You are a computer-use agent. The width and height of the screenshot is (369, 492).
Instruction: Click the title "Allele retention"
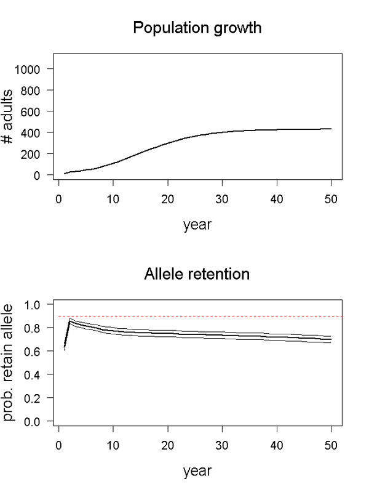(x=197, y=273)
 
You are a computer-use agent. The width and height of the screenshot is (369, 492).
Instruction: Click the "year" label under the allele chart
(x=197, y=471)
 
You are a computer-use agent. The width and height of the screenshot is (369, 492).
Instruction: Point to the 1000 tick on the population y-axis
(x=36, y=69)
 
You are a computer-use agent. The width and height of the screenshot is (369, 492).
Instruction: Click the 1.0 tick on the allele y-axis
(x=39, y=304)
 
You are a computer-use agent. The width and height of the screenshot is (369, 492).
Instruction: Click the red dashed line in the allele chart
(x=197, y=316)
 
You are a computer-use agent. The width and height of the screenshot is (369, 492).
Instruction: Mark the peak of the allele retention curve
(x=70, y=320)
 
